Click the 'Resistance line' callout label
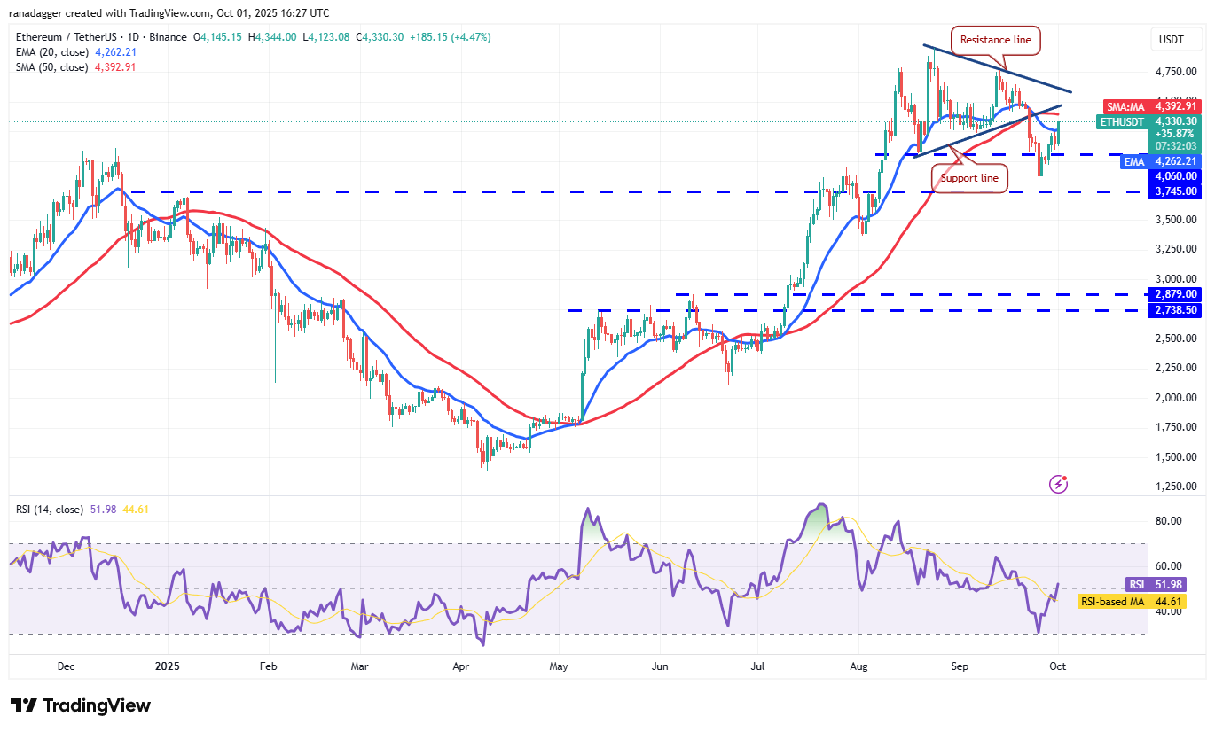pos(995,40)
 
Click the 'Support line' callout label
pos(969,178)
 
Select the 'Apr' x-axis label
pos(460,665)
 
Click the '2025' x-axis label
pos(168,665)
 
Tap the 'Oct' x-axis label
pos(1057,665)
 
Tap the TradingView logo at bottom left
pos(82,705)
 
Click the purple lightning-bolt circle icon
pos(1058,484)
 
